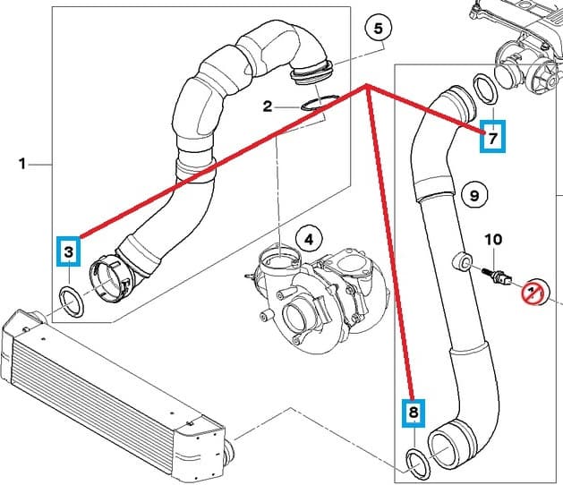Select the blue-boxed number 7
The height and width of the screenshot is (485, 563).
coord(492,137)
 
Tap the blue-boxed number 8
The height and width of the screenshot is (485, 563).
coord(413,413)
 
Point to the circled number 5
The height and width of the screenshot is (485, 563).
coord(378,30)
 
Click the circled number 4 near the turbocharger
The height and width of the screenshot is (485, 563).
coord(308,240)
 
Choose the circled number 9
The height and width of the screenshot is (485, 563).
coord(474,193)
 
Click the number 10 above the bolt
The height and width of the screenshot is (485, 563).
coord(493,240)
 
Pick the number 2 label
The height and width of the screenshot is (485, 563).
coord(267,107)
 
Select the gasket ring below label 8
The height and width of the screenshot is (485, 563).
coord(418,463)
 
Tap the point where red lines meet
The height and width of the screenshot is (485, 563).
coord(367,86)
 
